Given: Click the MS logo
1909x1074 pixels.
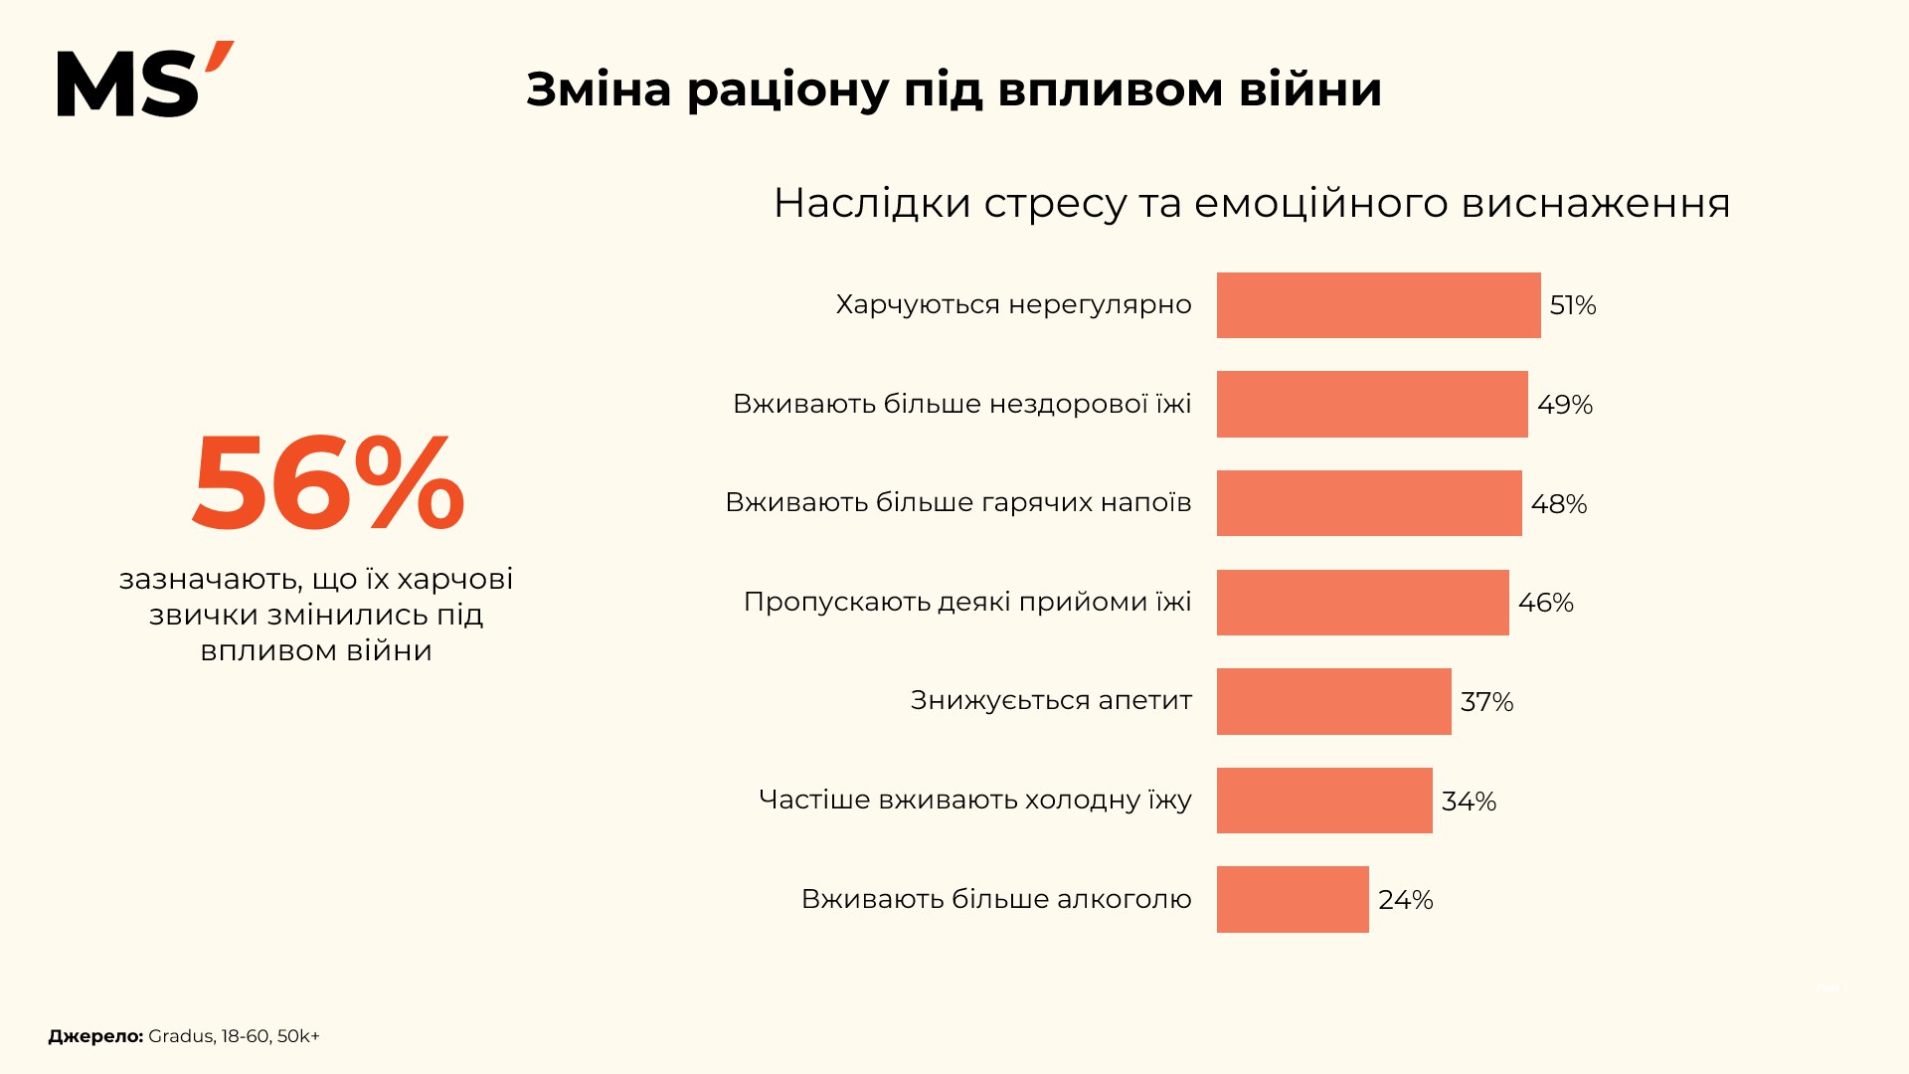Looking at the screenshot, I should point(144,81).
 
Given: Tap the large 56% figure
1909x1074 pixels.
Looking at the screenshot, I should point(328,484).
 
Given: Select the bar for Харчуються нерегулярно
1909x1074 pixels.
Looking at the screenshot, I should point(1378,305).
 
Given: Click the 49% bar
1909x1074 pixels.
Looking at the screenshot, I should point(1372,404).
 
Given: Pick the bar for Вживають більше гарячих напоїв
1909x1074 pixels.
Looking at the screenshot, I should point(1369,503).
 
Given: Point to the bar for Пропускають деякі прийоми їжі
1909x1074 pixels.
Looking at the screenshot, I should point(1362,603).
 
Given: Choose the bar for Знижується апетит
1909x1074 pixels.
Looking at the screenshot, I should point(1333,701).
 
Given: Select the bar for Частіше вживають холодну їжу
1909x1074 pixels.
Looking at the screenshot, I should point(1324,801).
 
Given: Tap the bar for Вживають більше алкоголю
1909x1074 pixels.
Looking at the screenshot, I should point(1293,899).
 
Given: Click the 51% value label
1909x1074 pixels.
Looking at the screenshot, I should point(1572,305).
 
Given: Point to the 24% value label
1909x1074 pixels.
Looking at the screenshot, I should point(1405,900).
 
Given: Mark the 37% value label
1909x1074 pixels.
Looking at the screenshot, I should point(1486,702).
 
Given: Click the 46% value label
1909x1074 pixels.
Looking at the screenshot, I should point(1545,603).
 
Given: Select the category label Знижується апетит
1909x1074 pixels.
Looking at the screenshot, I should point(1051,701).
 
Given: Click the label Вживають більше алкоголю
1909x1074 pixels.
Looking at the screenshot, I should point(996,899).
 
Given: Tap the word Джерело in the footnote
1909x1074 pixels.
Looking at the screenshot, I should point(95,1036).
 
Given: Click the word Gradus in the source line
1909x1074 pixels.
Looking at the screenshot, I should point(180,1036).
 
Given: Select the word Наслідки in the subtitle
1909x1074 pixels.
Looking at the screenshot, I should point(872,204).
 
